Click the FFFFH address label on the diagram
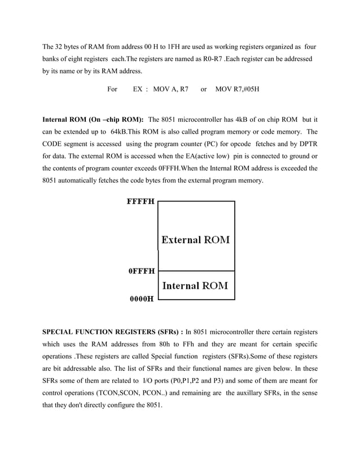pos(141,200)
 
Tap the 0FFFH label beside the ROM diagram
pos(142,271)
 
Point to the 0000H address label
pos(142,299)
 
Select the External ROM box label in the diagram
pos(196,240)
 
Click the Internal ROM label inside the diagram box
pos(195,285)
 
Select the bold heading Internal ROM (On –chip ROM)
pos(93,120)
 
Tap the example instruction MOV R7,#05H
pos(238,89)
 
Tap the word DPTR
pos(306,144)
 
